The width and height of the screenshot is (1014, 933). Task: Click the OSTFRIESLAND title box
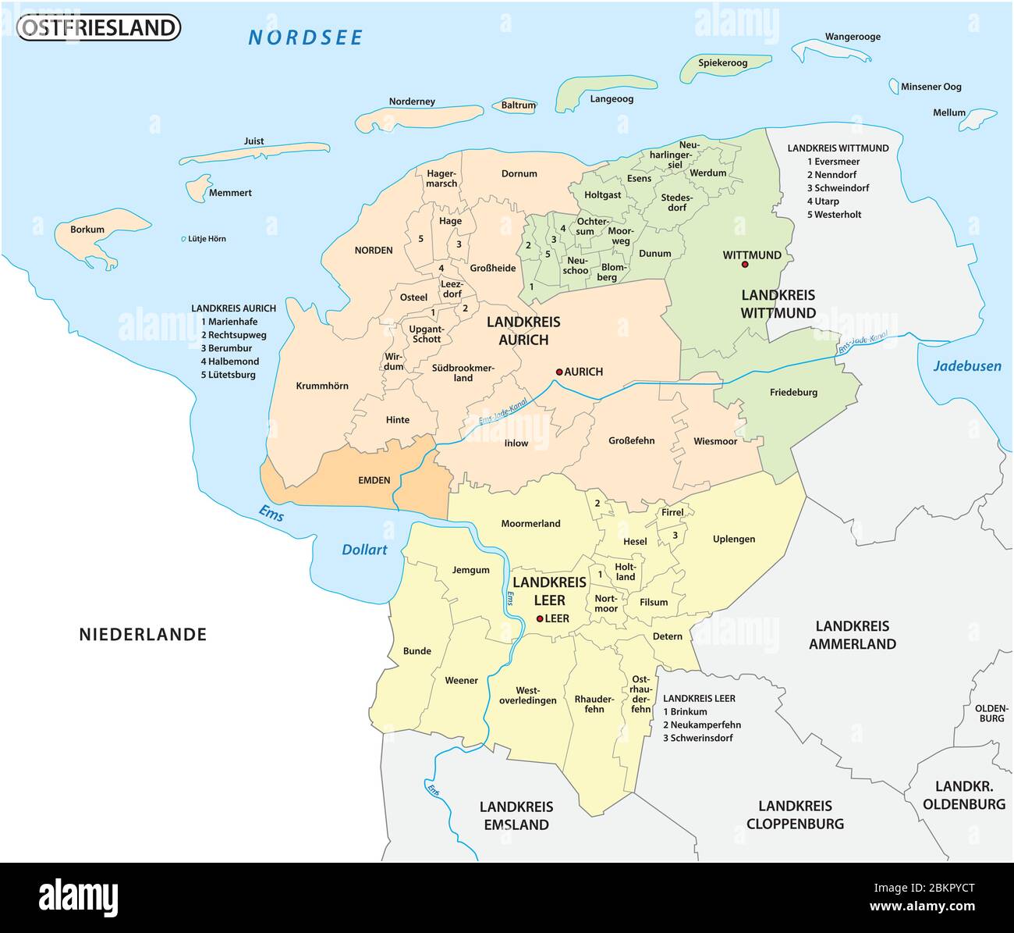pyautogui.click(x=98, y=28)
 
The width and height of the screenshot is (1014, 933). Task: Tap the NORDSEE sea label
pyautogui.click(x=306, y=37)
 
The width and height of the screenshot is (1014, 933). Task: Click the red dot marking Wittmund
pyautogui.click(x=745, y=265)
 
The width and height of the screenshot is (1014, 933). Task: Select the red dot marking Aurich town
pyautogui.click(x=558, y=372)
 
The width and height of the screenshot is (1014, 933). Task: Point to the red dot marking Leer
pyautogui.click(x=539, y=618)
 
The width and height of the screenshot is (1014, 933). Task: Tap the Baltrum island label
pyautogui.click(x=518, y=105)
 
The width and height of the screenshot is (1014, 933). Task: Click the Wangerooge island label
pyautogui.click(x=853, y=37)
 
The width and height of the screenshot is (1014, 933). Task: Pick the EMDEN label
pyautogui.click(x=374, y=480)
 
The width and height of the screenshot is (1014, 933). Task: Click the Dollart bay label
pyautogui.click(x=364, y=550)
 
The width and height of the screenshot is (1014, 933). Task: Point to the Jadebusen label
pyautogui.click(x=967, y=365)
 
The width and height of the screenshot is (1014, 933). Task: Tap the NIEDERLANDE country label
pyautogui.click(x=143, y=634)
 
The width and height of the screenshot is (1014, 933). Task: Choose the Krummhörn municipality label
pyautogui.click(x=322, y=386)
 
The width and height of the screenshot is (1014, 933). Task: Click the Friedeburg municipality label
pyautogui.click(x=793, y=392)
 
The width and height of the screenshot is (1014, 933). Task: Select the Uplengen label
pyautogui.click(x=733, y=539)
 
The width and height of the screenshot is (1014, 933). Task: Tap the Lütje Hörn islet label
pyautogui.click(x=206, y=239)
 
